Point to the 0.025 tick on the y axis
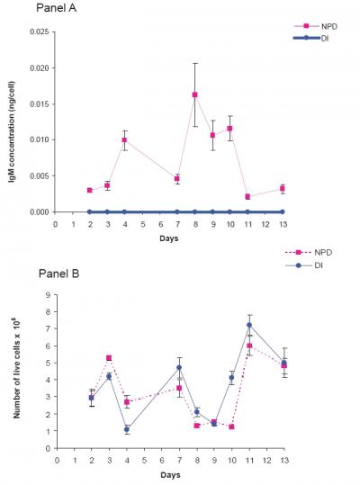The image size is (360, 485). coord(38,31)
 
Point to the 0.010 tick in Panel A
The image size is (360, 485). coord(38,139)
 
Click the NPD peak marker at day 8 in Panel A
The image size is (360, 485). coord(195,94)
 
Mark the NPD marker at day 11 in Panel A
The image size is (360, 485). coord(247,196)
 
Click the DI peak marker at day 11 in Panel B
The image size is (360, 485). coord(249,325)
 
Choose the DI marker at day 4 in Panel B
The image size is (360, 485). coord(127,429)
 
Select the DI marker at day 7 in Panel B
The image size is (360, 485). coord(179,367)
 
